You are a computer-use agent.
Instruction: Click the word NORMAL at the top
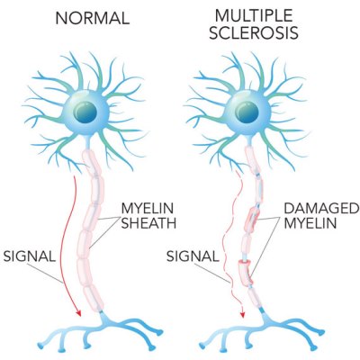[x=93, y=18]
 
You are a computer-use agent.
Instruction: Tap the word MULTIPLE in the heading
[x=254, y=15]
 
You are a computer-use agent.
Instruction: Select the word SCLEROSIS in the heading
[x=254, y=33]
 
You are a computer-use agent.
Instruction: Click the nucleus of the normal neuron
[x=85, y=112]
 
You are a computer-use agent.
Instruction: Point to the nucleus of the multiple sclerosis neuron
[x=247, y=112]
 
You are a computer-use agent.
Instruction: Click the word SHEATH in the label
[x=148, y=223]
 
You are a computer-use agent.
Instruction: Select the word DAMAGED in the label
[x=321, y=208]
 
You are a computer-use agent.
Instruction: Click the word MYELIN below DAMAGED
[x=310, y=223]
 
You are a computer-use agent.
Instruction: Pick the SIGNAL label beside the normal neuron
[x=30, y=256]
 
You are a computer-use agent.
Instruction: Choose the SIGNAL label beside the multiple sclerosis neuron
[x=193, y=256]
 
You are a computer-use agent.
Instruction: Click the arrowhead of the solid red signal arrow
[x=78, y=312]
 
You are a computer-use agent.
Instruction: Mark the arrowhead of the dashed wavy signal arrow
[x=242, y=314]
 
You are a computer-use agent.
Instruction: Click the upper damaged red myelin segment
[x=253, y=220]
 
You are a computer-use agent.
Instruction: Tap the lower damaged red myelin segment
[x=246, y=274]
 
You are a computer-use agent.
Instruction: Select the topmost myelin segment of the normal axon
[x=91, y=163]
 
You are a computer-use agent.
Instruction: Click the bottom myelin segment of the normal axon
[x=94, y=298]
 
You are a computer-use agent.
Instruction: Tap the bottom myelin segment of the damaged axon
[x=254, y=297]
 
